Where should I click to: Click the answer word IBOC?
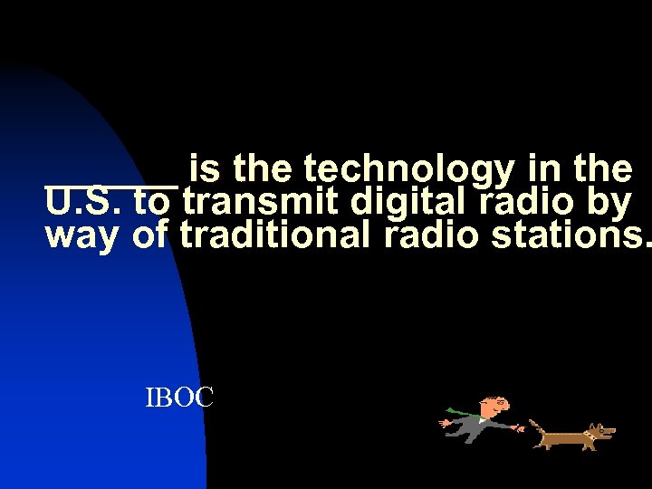point(179,397)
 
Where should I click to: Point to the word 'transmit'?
point(266,202)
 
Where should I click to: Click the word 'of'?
point(150,235)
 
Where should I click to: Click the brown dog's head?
point(599,431)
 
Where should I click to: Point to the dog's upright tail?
point(534,425)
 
